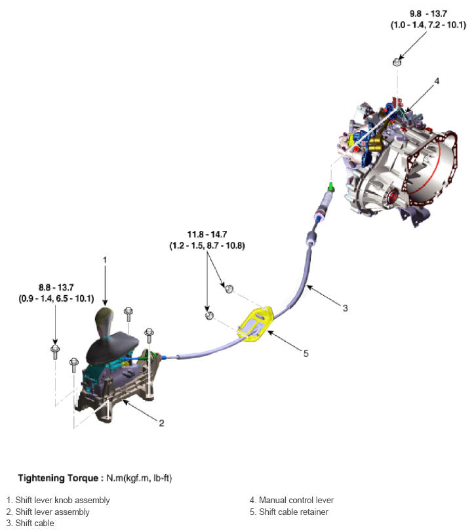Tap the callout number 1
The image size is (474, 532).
(104, 259)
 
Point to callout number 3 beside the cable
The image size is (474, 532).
(345, 306)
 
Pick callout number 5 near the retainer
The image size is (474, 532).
(306, 353)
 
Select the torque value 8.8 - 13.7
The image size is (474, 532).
(56, 287)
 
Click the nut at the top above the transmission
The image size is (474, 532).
(397, 63)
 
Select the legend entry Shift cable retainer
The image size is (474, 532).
(293, 512)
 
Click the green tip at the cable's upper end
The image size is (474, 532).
(332, 188)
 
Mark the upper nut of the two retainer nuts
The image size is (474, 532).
(229, 288)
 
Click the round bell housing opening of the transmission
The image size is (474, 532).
(432, 173)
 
